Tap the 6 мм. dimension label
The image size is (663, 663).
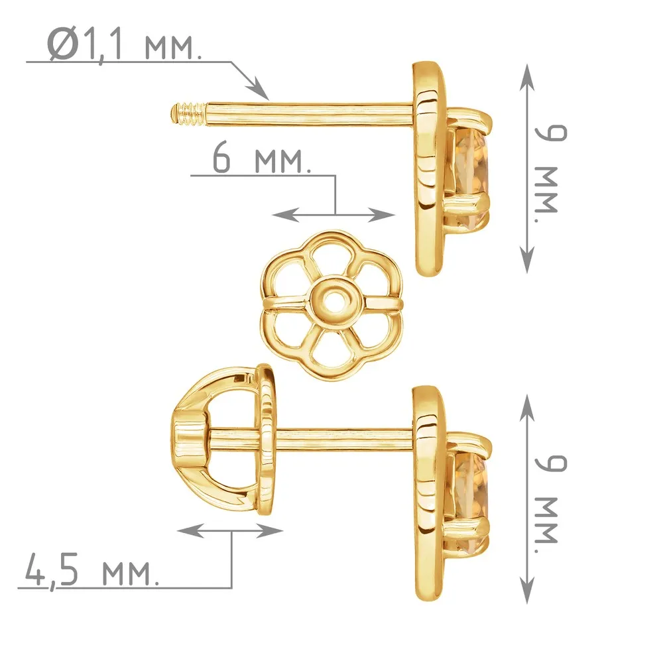coord(261,158)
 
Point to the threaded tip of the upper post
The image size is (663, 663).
coord(188,114)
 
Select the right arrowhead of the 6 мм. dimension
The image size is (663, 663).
coord(383,215)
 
